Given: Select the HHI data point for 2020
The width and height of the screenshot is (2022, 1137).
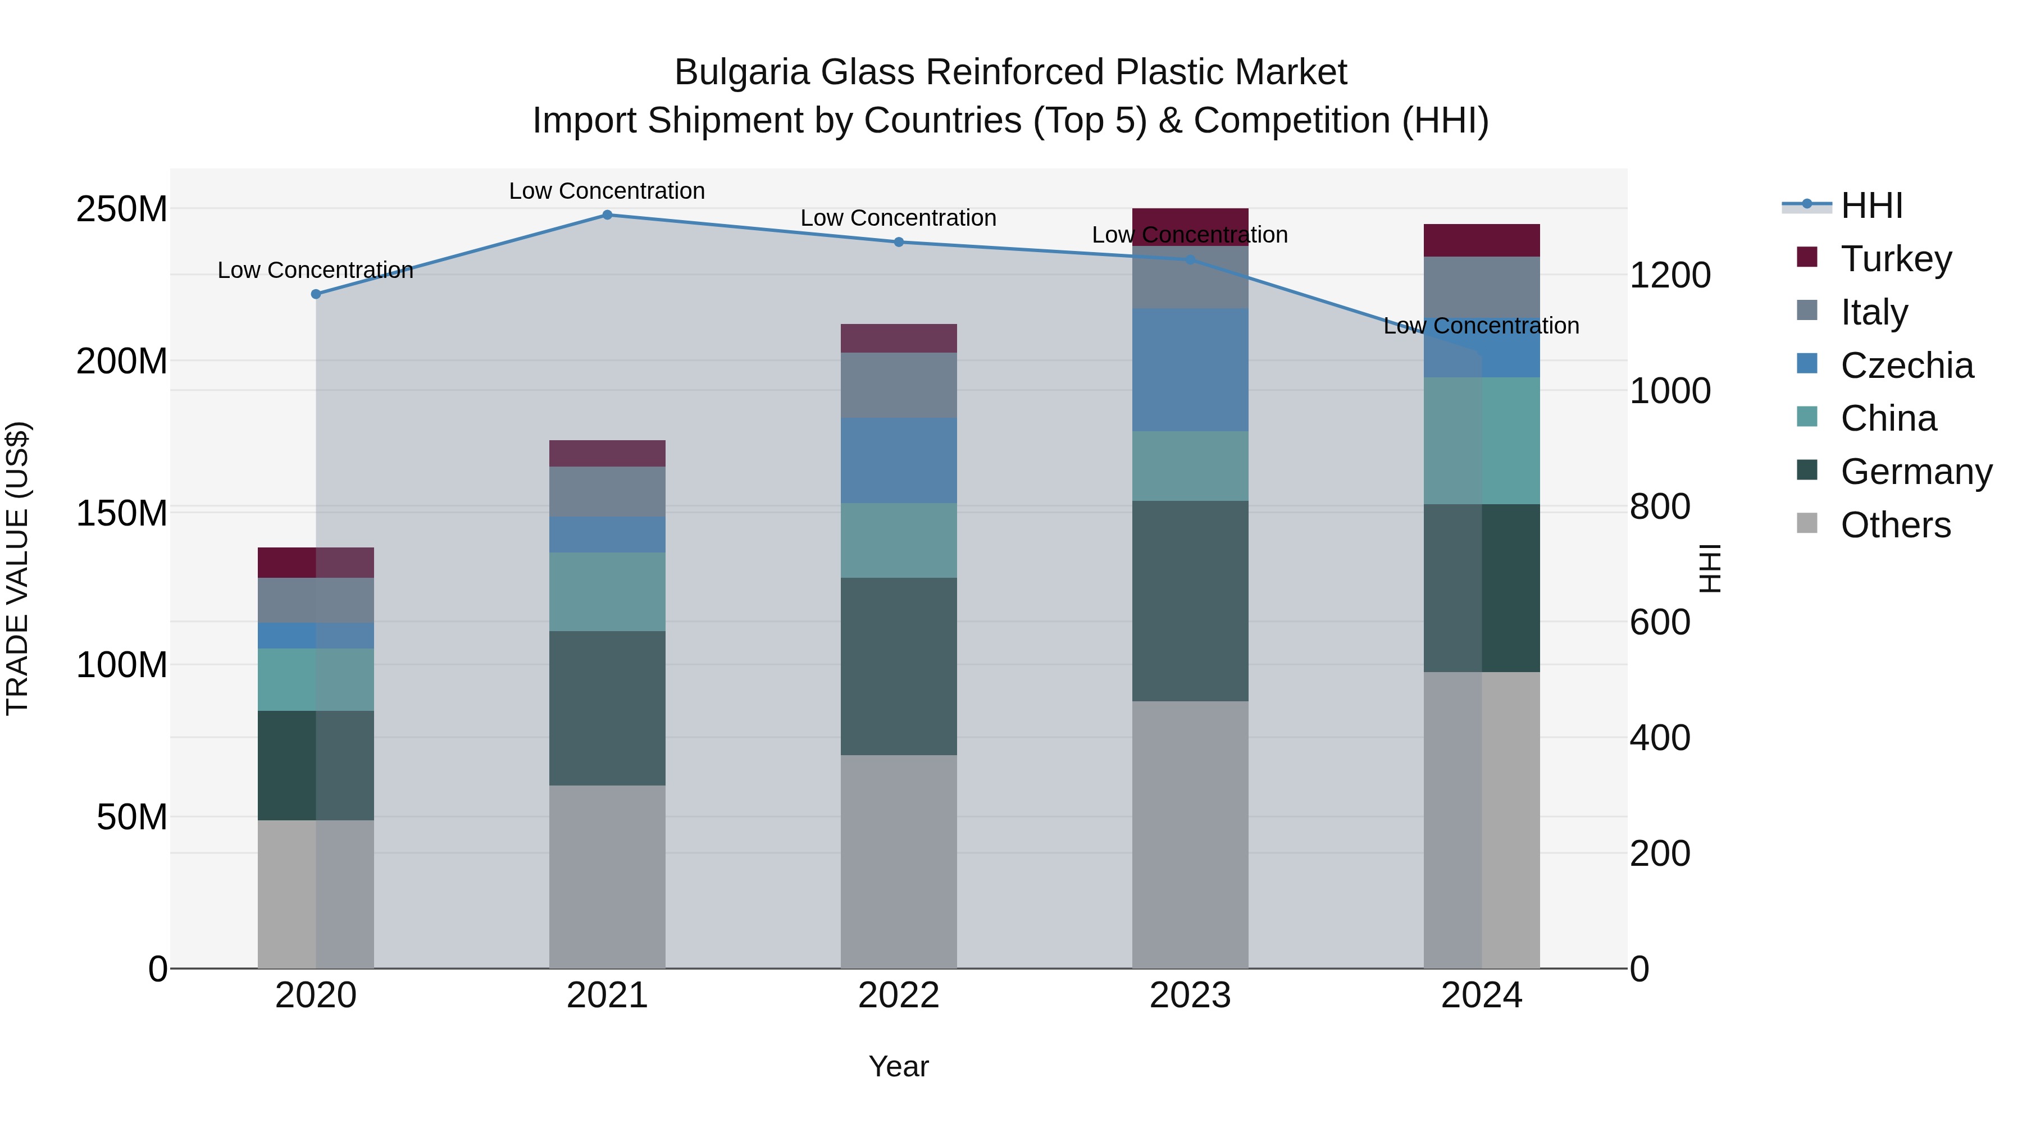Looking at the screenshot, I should tap(316, 294).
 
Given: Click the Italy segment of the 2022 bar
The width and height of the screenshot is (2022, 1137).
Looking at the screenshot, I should tap(899, 385).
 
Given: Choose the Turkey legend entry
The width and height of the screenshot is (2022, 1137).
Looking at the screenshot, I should tap(1896, 259).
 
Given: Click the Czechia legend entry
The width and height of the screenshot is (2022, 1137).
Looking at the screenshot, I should tap(1906, 366).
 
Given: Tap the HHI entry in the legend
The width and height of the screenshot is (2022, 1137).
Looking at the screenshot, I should tap(1871, 206).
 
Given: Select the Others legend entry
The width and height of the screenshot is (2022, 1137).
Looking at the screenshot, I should tap(1895, 525).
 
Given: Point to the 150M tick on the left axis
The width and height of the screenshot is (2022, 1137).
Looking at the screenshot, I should tap(122, 513).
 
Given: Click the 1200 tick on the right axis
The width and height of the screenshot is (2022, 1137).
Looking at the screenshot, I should tap(1670, 276).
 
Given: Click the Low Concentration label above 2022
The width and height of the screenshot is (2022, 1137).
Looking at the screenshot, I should tap(898, 218).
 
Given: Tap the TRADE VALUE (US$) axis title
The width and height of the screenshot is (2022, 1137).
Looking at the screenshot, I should tap(17, 568).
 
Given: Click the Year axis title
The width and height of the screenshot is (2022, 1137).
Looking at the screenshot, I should tap(898, 1066).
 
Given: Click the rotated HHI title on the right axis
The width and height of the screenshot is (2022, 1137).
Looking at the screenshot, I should tap(1710, 568).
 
